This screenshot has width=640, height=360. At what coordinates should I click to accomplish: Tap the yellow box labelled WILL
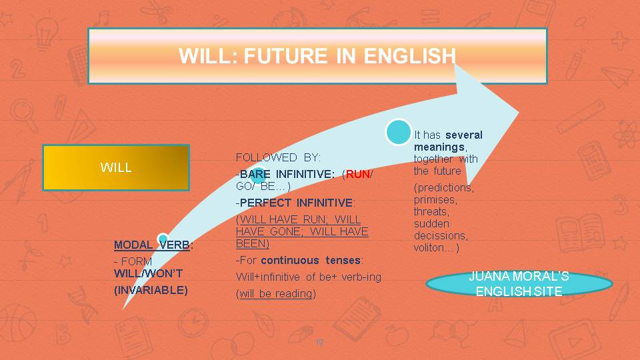[x=116, y=167]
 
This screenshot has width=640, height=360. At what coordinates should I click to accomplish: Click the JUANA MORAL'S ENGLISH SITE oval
[x=519, y=285]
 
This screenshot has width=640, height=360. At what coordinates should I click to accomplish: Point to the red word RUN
[x=357, y=174]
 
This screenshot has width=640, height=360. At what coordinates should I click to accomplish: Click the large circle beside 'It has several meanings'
[x=398, y=132]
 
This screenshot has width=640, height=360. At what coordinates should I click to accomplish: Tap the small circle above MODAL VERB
[x=163, y=239]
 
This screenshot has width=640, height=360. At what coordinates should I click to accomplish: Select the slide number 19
[x=319, y=342]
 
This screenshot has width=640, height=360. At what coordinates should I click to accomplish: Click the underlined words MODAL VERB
[x=152, y=245]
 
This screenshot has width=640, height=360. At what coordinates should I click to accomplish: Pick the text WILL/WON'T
[x=148, y=273]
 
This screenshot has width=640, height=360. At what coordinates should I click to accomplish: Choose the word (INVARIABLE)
[x=151, y=290]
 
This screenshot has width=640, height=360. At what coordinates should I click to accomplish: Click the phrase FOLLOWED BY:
[x=278, y=157]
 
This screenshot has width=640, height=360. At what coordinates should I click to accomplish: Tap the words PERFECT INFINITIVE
[x=296, y=203]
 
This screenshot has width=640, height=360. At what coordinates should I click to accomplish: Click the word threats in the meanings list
[x=431, y=211]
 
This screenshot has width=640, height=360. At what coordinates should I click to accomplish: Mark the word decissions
[x=441, y=235]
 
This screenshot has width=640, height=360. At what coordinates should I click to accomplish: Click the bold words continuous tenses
[x=311, y=260]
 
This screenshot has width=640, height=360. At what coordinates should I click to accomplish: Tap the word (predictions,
[x=444, y=187]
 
